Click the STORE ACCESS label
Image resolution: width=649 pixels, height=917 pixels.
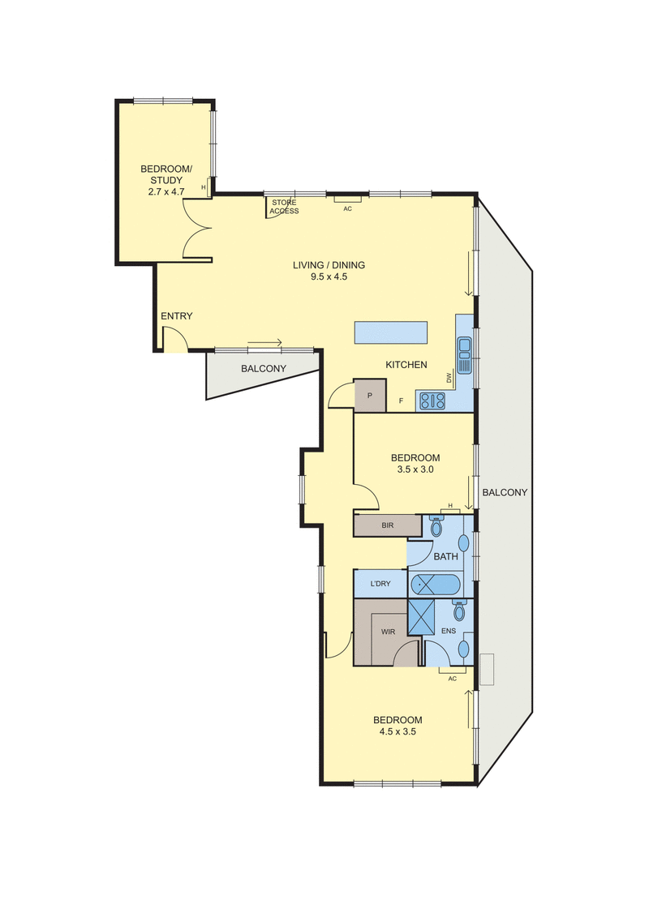[285, 207]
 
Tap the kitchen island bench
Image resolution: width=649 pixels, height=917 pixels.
[391, 332]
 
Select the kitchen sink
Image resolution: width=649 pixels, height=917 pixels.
[465, 354]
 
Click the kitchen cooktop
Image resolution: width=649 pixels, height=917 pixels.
[431, 400]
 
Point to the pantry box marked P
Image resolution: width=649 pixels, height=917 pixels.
[370, 395]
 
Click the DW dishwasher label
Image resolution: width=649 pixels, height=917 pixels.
[448, 378]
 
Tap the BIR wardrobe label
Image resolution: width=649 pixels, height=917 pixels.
[387, 526]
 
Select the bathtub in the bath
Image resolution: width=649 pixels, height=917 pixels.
[435, 584]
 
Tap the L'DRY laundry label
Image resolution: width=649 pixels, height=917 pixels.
[380, 584]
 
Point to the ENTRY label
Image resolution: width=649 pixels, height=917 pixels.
[176, 316]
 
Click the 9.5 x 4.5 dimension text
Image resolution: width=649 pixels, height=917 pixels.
[329, 276]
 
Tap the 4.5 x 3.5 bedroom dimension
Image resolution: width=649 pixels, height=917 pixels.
[398, 731]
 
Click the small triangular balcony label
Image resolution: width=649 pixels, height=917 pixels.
[264, 369]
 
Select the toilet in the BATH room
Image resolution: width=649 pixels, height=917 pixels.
[436, 527]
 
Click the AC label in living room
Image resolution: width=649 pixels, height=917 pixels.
[347, 208]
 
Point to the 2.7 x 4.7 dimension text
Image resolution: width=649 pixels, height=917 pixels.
[165, 191]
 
